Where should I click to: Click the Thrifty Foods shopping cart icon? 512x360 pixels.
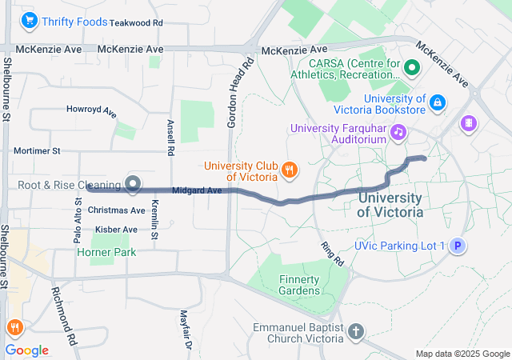(30, 21)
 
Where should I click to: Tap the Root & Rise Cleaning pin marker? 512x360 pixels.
(133, 185)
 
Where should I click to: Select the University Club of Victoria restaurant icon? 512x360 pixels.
(290, 170)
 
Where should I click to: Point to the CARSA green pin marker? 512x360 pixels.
(412, 69)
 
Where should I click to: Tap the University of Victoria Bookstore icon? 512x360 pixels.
(437, 102)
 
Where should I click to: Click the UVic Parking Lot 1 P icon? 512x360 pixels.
(457, 246)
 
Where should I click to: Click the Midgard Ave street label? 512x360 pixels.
(197, 190)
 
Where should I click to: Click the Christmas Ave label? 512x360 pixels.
(117, 210)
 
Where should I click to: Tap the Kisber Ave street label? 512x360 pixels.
(117, 230)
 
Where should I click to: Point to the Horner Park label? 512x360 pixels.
(106, 252)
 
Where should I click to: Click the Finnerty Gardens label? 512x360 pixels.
(298, 285)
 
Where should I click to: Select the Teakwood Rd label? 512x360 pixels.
(136, 23)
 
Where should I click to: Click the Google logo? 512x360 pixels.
(27, 350)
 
